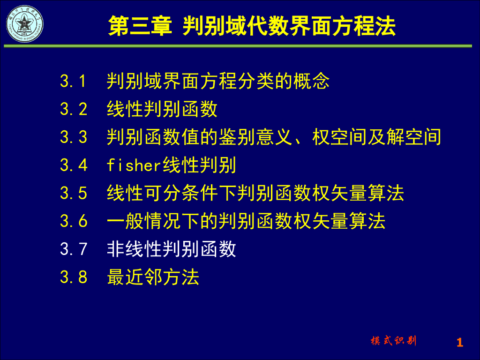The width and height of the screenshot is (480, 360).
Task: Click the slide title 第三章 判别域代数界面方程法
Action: [252, 26]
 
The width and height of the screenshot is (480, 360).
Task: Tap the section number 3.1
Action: [74, 82]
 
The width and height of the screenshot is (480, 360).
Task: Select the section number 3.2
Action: [74, 109]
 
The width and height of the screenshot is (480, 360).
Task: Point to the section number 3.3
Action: [74, 137]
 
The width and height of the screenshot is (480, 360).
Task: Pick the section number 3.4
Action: [74, 165]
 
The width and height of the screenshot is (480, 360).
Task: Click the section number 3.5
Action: [74, 193]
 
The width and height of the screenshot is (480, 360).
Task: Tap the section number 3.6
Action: [74, 221]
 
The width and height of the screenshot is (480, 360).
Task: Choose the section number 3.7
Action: [74, 249]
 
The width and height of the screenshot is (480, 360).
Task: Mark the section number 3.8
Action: [74, 277]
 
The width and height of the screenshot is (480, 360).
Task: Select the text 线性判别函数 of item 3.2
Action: [162, 109]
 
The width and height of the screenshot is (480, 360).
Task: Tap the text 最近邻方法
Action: [153, 277]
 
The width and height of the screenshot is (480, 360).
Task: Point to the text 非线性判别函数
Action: [172, 249]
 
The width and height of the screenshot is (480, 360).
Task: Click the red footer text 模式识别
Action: [393, 341]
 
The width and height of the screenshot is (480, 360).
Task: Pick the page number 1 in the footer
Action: [459, 343]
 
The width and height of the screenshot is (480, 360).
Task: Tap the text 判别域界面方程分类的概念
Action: [218, 82]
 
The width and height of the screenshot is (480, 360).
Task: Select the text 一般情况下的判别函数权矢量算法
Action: [246, 221]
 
